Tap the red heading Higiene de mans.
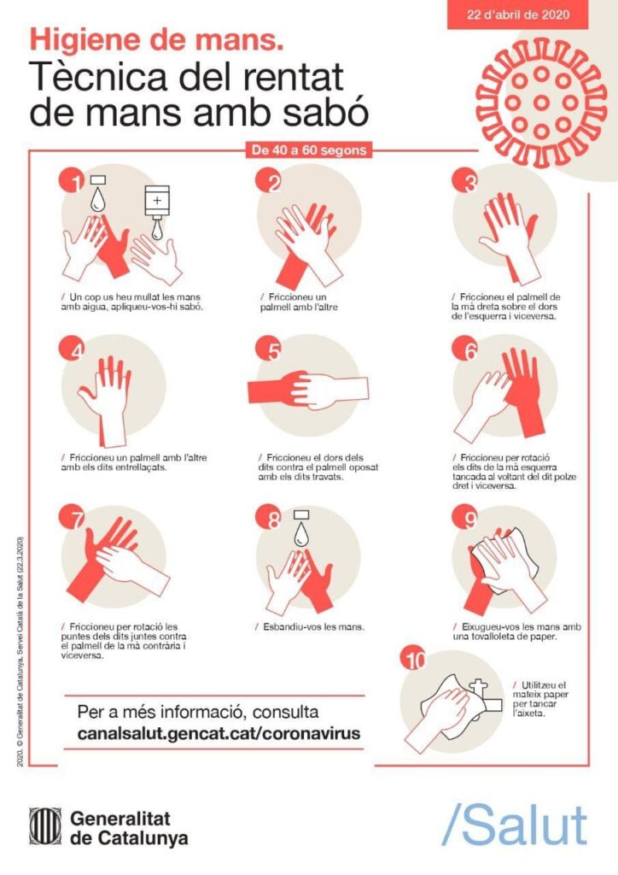[x=156, y=40]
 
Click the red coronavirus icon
[x=541, y=103]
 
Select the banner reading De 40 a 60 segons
[x=309, y=150]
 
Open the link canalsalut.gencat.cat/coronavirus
[x=219, y=732]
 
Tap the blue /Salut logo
[x=514, y=825]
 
